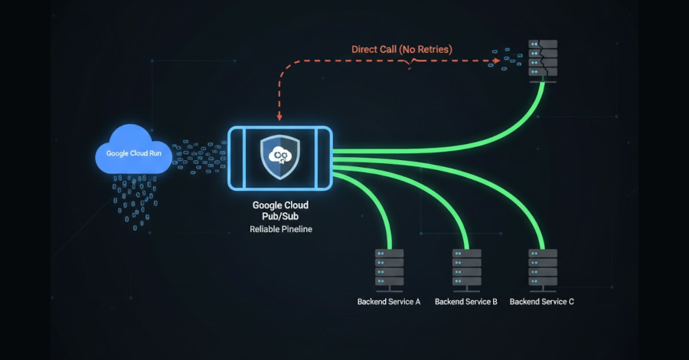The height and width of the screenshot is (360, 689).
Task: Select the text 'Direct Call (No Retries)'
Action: [x=402, y=50]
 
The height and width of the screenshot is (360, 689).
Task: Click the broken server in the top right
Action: [x=542, y=59]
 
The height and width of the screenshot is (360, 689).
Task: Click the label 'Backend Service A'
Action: [x=389, y=302]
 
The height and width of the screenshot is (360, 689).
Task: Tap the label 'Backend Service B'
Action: [x=466, y=302]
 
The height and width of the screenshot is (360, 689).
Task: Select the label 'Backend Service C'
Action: [x=542, y=302]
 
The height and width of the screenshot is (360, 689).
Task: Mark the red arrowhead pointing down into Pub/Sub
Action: [x=279, y=117]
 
